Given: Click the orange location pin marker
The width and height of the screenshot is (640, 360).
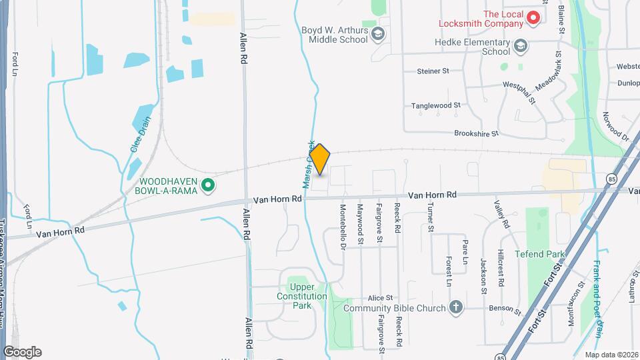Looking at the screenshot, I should click(320, 159).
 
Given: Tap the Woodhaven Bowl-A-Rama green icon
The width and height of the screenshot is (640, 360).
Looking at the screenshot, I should click(208, 184).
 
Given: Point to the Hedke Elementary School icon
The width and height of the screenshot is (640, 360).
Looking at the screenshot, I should click(520, 47).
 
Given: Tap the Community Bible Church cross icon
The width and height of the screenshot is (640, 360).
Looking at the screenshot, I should click(456, 307).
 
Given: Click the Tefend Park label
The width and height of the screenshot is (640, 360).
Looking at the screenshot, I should click(539, 254).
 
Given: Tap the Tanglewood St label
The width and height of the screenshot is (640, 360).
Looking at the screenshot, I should click(436, 105).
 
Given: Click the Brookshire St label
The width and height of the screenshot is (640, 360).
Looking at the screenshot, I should click(476, 133).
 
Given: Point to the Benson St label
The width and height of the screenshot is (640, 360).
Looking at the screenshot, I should click(504, 309).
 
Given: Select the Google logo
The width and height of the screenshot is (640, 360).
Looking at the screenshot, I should click(22, 352).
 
